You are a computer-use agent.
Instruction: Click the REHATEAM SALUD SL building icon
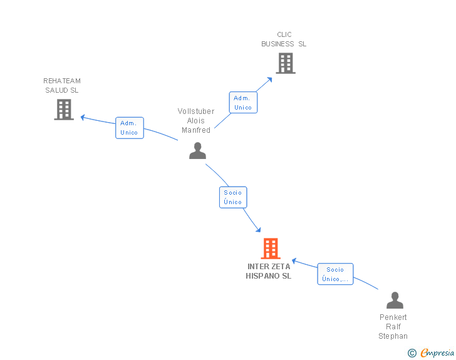tap(64, 110)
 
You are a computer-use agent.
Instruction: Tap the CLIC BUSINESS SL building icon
tap(285, 63)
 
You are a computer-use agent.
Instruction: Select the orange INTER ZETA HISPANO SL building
tap(270, 249)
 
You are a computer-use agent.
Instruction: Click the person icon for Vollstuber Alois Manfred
tap(197, 151)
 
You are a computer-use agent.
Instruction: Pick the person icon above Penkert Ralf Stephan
tap(395, 301)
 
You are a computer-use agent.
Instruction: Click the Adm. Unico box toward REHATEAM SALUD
tap(130, 128)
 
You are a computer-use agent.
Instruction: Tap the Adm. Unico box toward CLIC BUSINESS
tap(242, 103)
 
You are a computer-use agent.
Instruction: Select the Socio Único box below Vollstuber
tap(233, 197)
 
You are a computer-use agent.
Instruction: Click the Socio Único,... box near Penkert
tap(335, 274)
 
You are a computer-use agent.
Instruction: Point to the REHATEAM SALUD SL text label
tap(62, 85)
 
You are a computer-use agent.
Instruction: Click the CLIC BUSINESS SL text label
tap(284, 39)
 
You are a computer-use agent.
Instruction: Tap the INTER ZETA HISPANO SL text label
tap(269, 271)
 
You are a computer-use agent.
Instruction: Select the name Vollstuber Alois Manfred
tap(196, 121)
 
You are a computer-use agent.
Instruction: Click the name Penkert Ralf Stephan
tap(393, 326)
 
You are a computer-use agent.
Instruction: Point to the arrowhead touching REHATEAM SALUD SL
tap(83, 116)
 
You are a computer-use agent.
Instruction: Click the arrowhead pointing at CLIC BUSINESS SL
tap(269, 79)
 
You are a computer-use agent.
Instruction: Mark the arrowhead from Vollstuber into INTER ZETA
tap(257, 230)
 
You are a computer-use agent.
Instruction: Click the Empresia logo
tap(437, 353)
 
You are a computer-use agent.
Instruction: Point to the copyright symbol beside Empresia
tap(412, 354)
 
